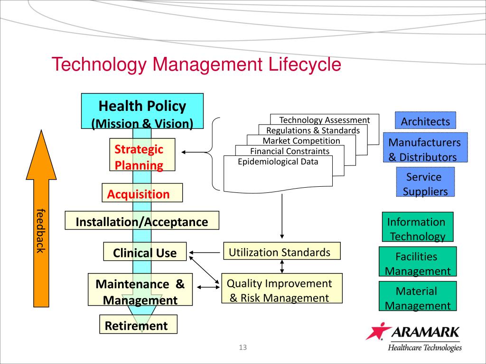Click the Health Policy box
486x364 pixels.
142,111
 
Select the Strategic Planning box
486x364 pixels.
142,155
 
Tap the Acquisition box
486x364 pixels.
142,192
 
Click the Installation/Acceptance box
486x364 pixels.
142,221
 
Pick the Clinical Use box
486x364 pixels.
145,252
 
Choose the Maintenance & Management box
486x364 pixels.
140,289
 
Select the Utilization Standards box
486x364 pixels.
282,251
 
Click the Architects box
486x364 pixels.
425,120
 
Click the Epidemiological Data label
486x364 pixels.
278,162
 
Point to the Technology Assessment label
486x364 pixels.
324,120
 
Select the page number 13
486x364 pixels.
243,348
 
